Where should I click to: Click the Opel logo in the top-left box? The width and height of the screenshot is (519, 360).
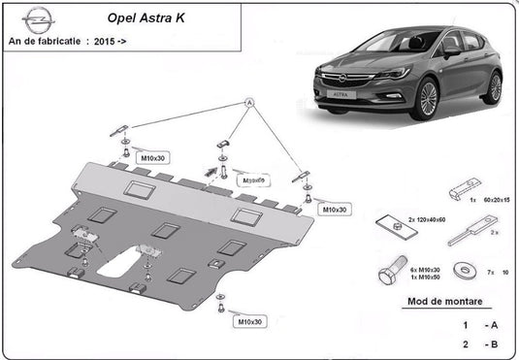click(x=38, y=16)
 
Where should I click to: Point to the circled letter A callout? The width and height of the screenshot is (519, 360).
click(x=248, y=103)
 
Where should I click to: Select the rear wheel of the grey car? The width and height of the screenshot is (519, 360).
click(x=495, y=87)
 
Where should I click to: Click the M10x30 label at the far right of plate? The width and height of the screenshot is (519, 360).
click(x=336, y=209)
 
